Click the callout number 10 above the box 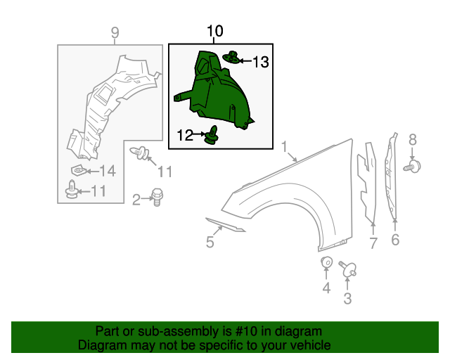coord(214,31)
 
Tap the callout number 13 coord(260,63)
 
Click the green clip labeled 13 coord(231,58)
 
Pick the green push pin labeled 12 coord(212,135)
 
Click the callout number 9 coord(115,32)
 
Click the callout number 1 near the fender coord(285,148)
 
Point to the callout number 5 coord(210,243)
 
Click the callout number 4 coord(326,288)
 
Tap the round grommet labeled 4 coord(326,263)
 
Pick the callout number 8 coord(413,139)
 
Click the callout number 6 coord(395,241)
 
